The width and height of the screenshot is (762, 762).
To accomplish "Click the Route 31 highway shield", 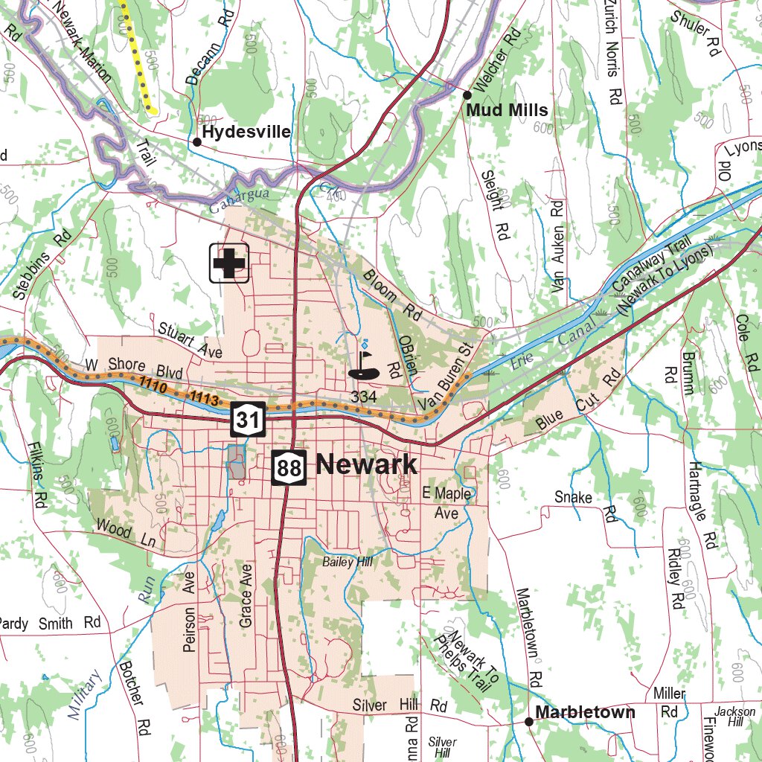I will point(247,420).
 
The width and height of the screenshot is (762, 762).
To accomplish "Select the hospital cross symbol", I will point(229,263).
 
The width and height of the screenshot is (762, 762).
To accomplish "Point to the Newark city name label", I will point(367,465).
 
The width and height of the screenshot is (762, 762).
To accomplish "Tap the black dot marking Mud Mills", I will point(467,95).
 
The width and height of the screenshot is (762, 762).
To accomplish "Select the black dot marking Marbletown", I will point(529,721).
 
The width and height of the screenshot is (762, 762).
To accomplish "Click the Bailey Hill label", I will point(347,563).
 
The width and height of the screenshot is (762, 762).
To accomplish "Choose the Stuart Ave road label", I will point(190,341).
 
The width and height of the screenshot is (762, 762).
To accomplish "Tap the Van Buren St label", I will point(445,377).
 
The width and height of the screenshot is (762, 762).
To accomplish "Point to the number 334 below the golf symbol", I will point(363,397).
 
